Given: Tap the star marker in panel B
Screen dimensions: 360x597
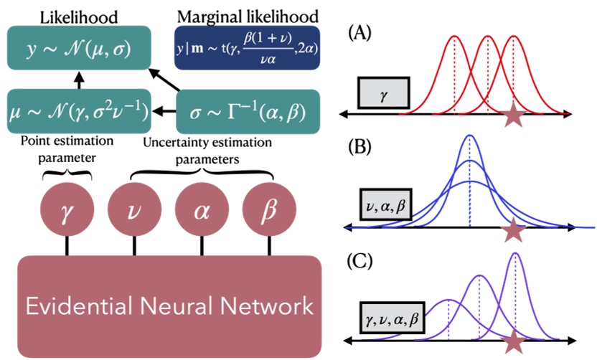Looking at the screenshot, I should (x=513, y=230).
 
